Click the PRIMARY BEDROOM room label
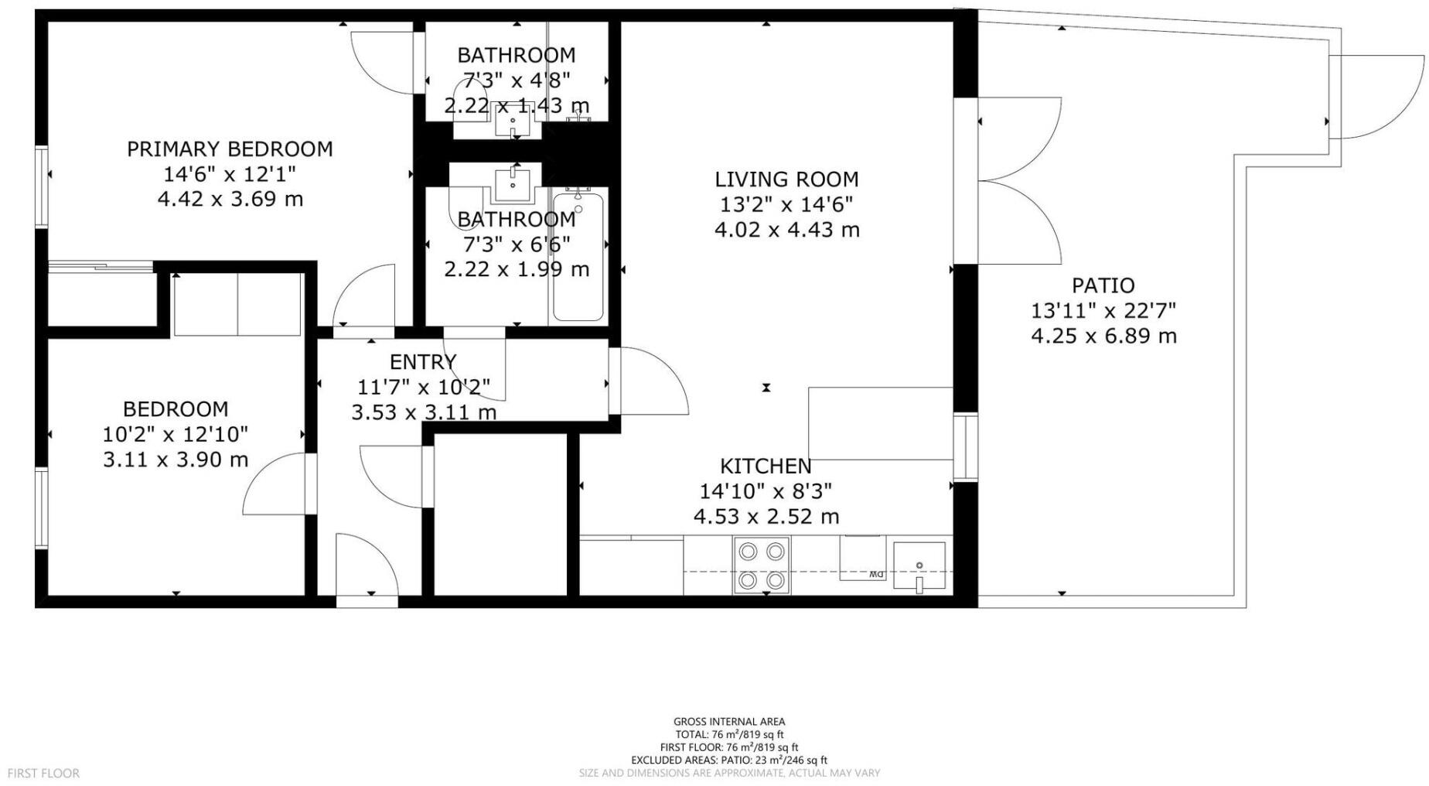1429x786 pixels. tap(230, 149)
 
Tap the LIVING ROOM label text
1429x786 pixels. tap(786, 179)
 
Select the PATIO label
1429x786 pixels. tap(1103, 285)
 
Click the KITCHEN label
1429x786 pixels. tap(766, 466)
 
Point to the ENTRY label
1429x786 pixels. tap(423, 361)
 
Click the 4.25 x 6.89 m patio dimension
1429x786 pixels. tap(1103, 336)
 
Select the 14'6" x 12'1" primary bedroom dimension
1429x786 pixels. tap(230, 174)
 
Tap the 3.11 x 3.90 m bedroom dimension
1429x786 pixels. tap(176, 460)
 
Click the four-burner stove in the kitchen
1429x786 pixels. tap(762, 565)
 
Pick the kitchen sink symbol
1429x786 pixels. tap(919, 566)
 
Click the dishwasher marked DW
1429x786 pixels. tap(864, 558)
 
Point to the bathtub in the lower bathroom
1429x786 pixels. tap(578, 256)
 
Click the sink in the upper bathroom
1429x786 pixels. tap(513, 121)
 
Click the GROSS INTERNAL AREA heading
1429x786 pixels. tap(729, 722)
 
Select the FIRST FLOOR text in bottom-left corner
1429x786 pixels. tap(43, 773)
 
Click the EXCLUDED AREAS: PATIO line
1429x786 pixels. tap(729, 760)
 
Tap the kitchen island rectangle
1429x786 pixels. tap(880, 424)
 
